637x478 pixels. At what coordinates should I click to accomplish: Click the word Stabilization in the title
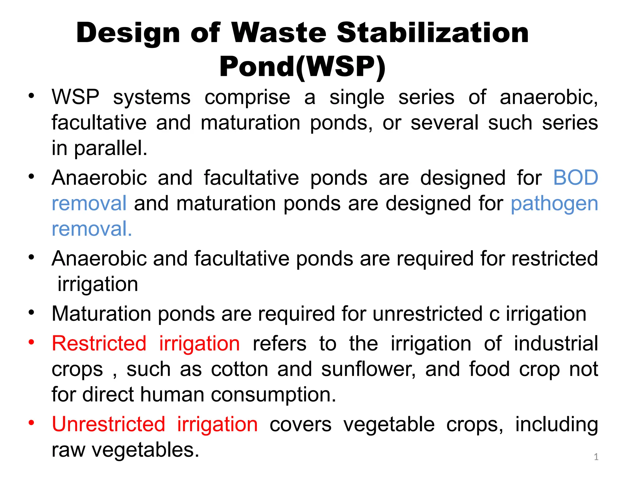(433, 33)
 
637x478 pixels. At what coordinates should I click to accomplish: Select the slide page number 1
(596, 457)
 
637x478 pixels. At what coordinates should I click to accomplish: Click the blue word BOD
(576, 178)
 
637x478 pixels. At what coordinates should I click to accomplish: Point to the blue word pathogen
(554, 204)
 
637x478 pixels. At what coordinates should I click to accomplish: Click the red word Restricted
(99, 344)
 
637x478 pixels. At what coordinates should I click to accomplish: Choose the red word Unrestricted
(108, 424)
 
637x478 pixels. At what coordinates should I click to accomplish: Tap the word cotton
(239, 369)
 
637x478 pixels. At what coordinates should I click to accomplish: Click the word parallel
(110, 148)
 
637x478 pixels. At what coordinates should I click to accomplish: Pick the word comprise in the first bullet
(247, 97)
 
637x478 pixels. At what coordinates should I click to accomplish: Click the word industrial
(556, 344)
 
